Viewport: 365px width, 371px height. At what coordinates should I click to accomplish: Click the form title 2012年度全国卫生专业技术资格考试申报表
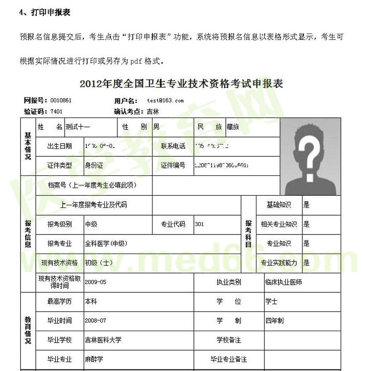(182, 83)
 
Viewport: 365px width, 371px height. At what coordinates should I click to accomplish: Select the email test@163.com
(165, 100)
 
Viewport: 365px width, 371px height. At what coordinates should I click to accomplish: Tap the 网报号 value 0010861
(60, 100)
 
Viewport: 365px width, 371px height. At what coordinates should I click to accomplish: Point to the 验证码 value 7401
(56, 111)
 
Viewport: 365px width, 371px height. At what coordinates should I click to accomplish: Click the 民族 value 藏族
(233, 127)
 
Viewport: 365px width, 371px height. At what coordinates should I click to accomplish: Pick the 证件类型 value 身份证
(94, 166)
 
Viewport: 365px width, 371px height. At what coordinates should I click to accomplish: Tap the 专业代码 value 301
(200, 224)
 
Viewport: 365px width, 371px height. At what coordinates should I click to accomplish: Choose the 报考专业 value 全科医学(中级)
(105, 243)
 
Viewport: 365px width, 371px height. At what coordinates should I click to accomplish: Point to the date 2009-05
(96, 282)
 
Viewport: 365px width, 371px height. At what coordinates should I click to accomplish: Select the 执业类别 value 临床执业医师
(283, 282)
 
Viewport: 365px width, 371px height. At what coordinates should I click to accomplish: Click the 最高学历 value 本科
(91, 301)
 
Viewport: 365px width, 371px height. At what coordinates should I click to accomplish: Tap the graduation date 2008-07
(96, 321)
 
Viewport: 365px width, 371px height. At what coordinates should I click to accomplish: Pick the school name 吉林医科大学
(103, 340)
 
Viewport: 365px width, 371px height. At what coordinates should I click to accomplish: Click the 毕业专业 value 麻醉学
(94, 359)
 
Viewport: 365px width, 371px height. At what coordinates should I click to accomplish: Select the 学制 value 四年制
(275, 321)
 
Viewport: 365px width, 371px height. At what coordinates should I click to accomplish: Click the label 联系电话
(173, 146)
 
